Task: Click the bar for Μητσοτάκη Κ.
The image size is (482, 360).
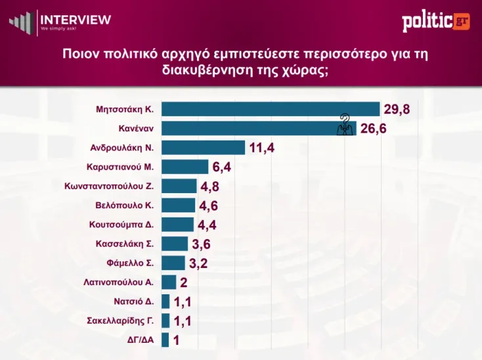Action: [271, 109]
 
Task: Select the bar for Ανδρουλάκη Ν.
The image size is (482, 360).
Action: [203, 148]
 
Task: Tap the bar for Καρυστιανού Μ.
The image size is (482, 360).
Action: [185, 167]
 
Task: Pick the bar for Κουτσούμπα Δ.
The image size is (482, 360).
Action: [177, 225]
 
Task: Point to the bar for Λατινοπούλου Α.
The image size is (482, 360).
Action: [169, 282]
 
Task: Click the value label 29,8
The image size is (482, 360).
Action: [397, 110]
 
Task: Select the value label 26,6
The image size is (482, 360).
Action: [374, 129]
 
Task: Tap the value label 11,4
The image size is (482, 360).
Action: [261, 148]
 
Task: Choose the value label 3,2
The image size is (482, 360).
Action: [198, 264]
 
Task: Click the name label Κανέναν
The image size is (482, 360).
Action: [136, 128]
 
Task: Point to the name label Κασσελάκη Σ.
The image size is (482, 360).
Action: [124, 244]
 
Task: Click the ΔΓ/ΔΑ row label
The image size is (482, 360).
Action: [140, 340]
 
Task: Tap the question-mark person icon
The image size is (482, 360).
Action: [345, 124]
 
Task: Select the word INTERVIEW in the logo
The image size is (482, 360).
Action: [76, 19]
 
